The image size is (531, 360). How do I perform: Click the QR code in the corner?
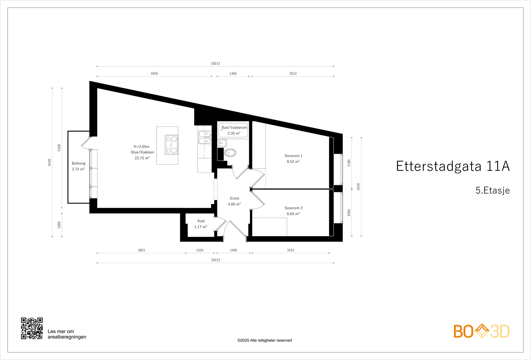(x=32, y=328)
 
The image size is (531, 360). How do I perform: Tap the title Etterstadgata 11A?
(x=453, y=166)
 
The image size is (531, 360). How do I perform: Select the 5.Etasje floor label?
(x=493, y=190)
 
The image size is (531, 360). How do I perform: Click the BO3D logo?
(x=481, y=331)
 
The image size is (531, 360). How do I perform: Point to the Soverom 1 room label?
(x=293, y=156)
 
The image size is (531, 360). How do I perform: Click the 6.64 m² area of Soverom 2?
(x=293, y=214)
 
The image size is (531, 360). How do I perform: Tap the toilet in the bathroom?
(x=230, y=153)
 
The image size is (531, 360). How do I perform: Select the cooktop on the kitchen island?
(x=172, y=145)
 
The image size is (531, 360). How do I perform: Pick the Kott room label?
(x=201, y=221)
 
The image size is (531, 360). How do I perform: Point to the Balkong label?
(x=79, y=163)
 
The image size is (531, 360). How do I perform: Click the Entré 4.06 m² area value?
(x=234, y=204)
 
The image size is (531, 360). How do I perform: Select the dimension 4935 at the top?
(x=154, y=74)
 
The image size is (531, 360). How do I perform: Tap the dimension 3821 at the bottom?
(x=141, y=250)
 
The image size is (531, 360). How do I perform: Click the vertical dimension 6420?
(x=50, y=162)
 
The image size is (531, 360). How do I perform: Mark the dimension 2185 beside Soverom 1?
(x=349, y=163)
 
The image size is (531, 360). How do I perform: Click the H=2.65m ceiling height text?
(x=141, y=147)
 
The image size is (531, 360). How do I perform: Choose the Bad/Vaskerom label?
(x=234, y=127)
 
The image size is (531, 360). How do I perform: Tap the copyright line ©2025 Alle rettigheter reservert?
(x=265, y=340)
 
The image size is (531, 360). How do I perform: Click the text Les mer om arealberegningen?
(x=67, y=334)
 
